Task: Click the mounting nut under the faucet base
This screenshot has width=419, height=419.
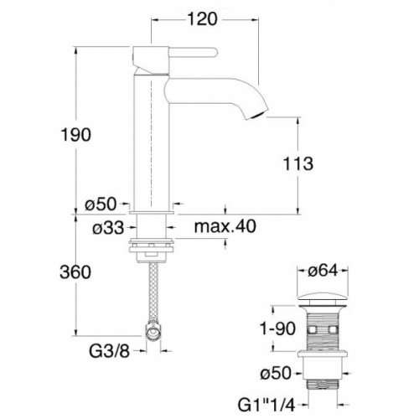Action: coord(152,247)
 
